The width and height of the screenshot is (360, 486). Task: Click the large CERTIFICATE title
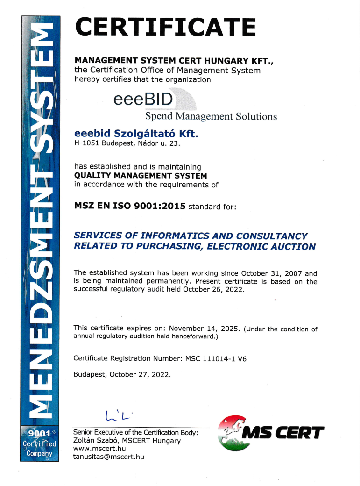coord(165,27)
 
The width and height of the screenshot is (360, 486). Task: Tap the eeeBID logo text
coord(143,99)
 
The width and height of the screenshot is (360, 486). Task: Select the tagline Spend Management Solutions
coord(211,116)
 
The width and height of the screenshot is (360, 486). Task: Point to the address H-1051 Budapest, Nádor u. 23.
coord(127,144)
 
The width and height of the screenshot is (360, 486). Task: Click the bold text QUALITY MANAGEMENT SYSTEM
coord(141,175)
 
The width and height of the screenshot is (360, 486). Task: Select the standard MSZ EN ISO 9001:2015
coord(130,206)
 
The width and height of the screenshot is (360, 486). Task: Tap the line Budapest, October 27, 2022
coord(122,375)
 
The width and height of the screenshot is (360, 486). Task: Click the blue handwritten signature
coord(120,414)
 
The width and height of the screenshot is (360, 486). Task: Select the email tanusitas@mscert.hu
coord(108,457)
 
